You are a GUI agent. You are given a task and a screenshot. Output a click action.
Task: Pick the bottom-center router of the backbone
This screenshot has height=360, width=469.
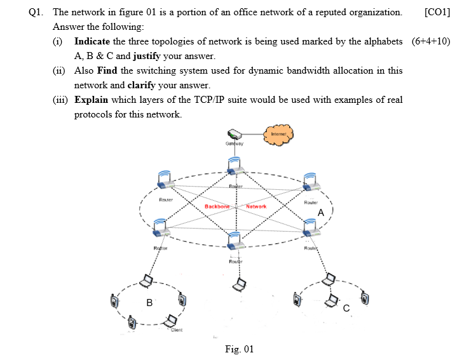point(234,242)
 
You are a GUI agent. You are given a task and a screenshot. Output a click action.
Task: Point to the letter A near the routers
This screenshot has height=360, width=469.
point(322,213)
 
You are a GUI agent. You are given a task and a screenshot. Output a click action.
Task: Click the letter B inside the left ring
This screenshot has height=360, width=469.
point(149,303)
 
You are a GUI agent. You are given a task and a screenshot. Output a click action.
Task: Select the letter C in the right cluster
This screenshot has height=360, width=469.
point(346,308)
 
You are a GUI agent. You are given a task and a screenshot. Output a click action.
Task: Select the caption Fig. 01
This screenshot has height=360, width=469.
point(239,349)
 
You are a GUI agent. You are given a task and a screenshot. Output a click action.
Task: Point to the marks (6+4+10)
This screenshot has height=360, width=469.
point(431,41)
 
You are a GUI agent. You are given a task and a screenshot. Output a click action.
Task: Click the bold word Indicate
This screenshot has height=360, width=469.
point(94,41)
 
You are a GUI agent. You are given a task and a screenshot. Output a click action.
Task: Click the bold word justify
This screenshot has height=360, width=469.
point(151,56)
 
